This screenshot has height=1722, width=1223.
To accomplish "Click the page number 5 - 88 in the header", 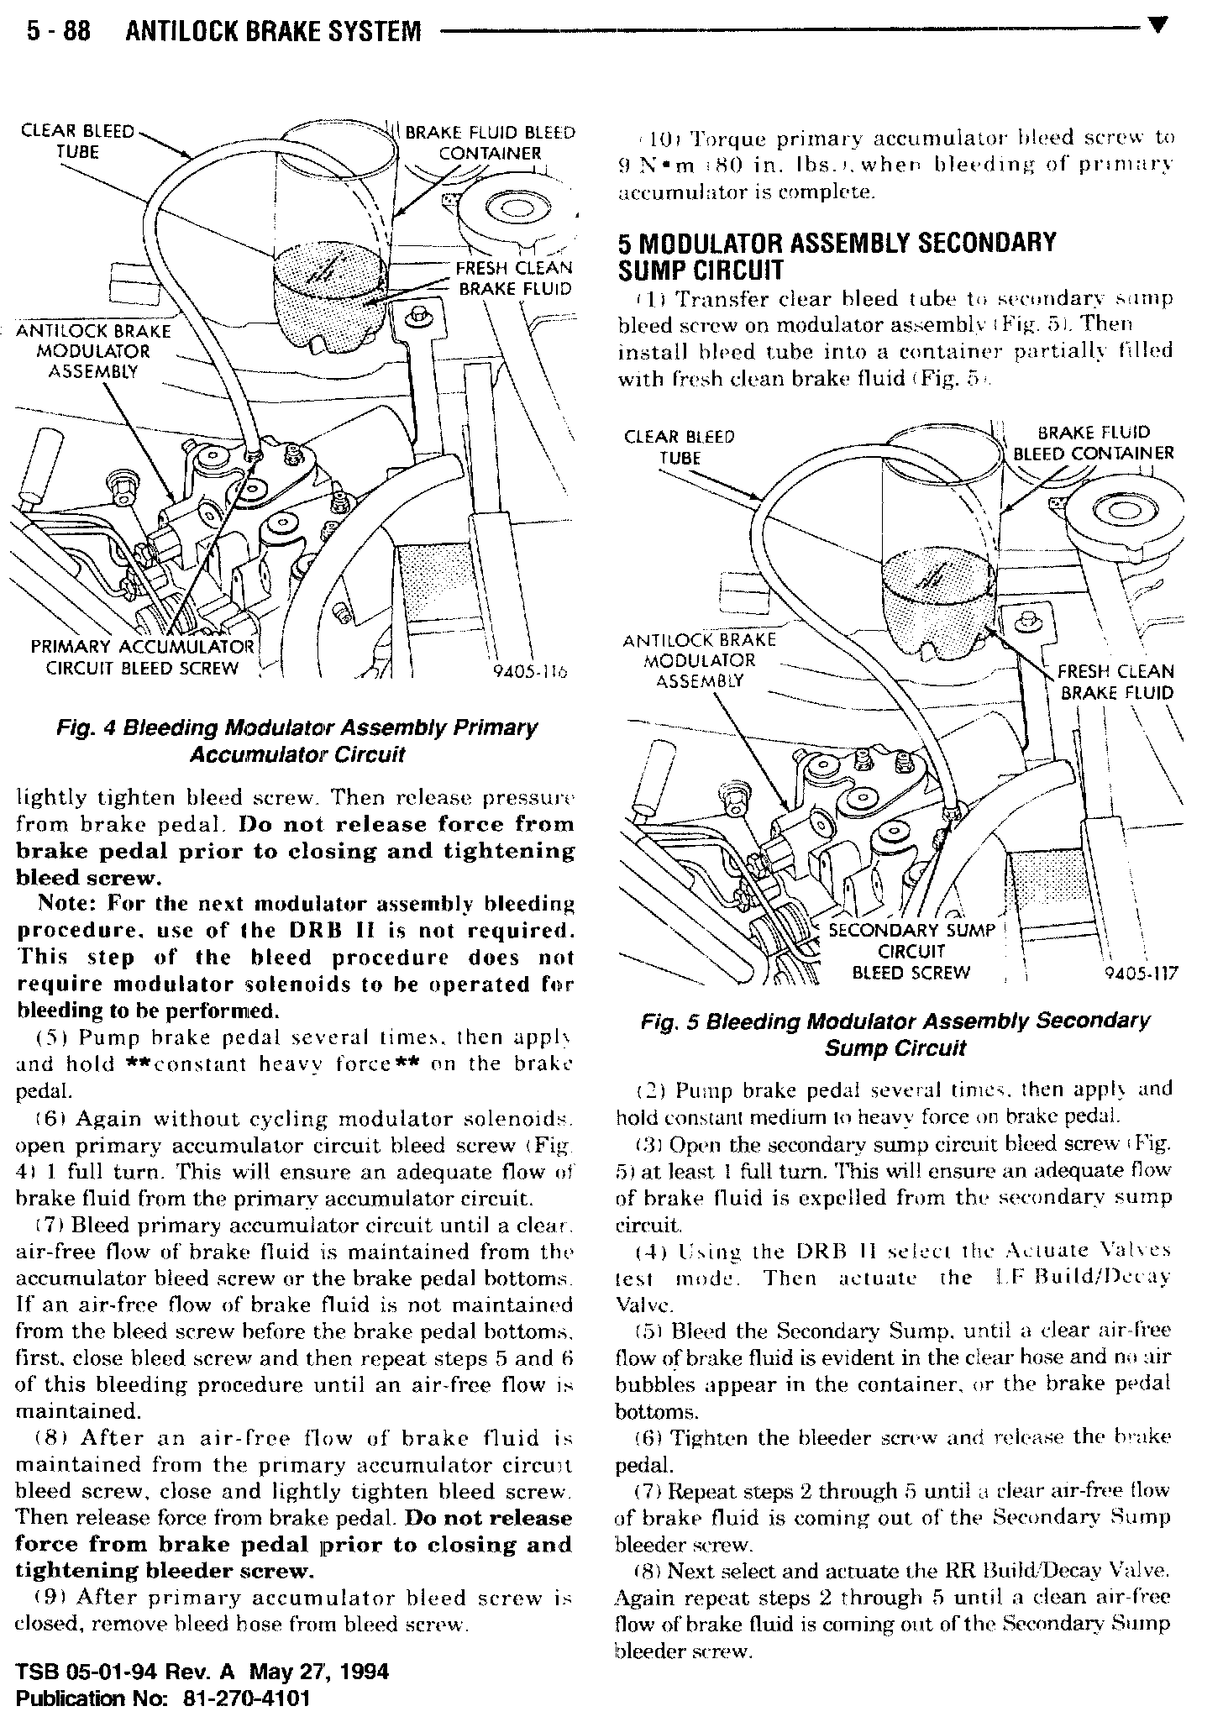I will pos(58,32).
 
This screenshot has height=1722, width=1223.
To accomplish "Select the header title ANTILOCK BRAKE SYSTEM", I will pos(272,32).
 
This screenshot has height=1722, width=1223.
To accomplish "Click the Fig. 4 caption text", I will pos(297,741).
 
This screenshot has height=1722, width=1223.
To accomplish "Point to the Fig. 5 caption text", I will pos(895,1034).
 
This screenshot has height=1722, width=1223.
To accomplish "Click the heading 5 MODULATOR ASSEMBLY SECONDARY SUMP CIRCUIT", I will pos(837,256).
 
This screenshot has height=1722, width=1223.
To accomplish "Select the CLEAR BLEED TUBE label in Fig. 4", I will pos(77,141).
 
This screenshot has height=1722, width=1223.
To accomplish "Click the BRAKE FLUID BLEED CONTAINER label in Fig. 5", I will pos(1093,443).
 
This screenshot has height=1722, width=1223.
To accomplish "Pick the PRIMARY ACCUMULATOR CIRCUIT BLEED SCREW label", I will pos(142,658).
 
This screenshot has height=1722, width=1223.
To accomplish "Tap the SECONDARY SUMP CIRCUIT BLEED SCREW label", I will pos(911,952).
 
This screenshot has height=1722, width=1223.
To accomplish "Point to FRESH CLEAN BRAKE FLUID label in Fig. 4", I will pos(513,279).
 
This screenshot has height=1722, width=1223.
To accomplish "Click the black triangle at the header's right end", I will pos(1157,25).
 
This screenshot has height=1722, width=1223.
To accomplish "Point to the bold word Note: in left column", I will pos(68,904).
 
